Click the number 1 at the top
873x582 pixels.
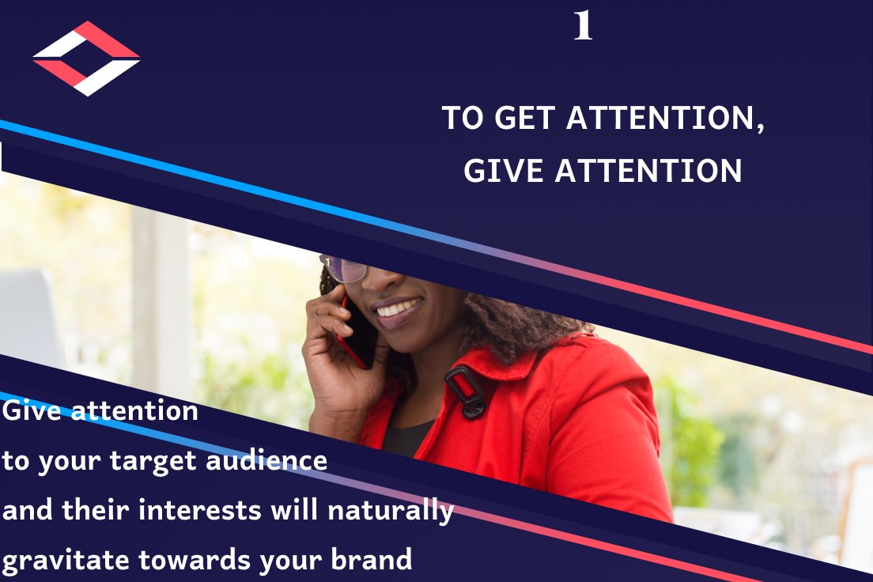(x=583, y=26)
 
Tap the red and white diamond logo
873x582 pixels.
(x=86, y=59)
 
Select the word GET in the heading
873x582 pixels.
(x=523, y=119)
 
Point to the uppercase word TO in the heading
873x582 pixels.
(x=463, y=119)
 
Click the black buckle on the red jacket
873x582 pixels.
(x=466, y=391)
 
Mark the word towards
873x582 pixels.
(x=187, y=559)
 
